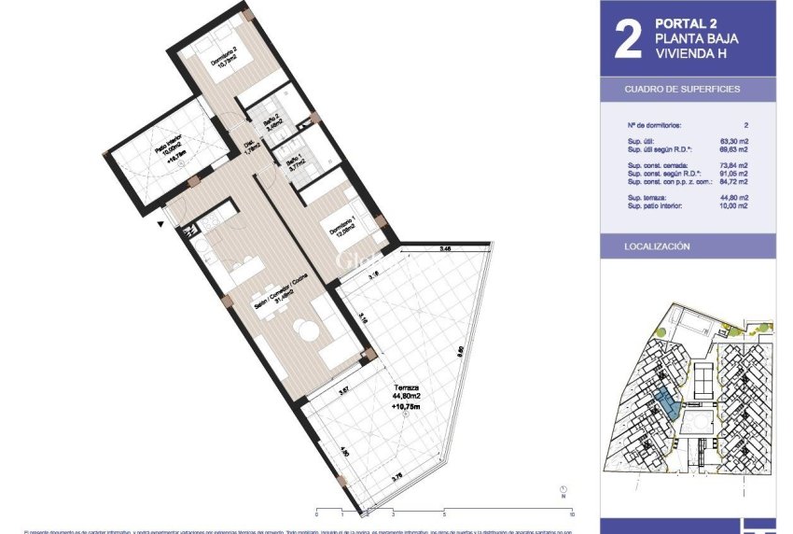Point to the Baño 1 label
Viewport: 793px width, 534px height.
tap(296, 164)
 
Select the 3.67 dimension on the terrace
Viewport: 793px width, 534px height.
tap(343, 390)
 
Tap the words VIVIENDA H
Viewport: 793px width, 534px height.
tap(690, 54)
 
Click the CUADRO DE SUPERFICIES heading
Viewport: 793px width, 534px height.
tap(682, 89)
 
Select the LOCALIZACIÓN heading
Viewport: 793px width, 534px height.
tap(657, 246)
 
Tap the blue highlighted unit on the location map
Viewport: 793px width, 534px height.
tap(665, 405)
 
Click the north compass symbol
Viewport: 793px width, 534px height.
tap(563, 490)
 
